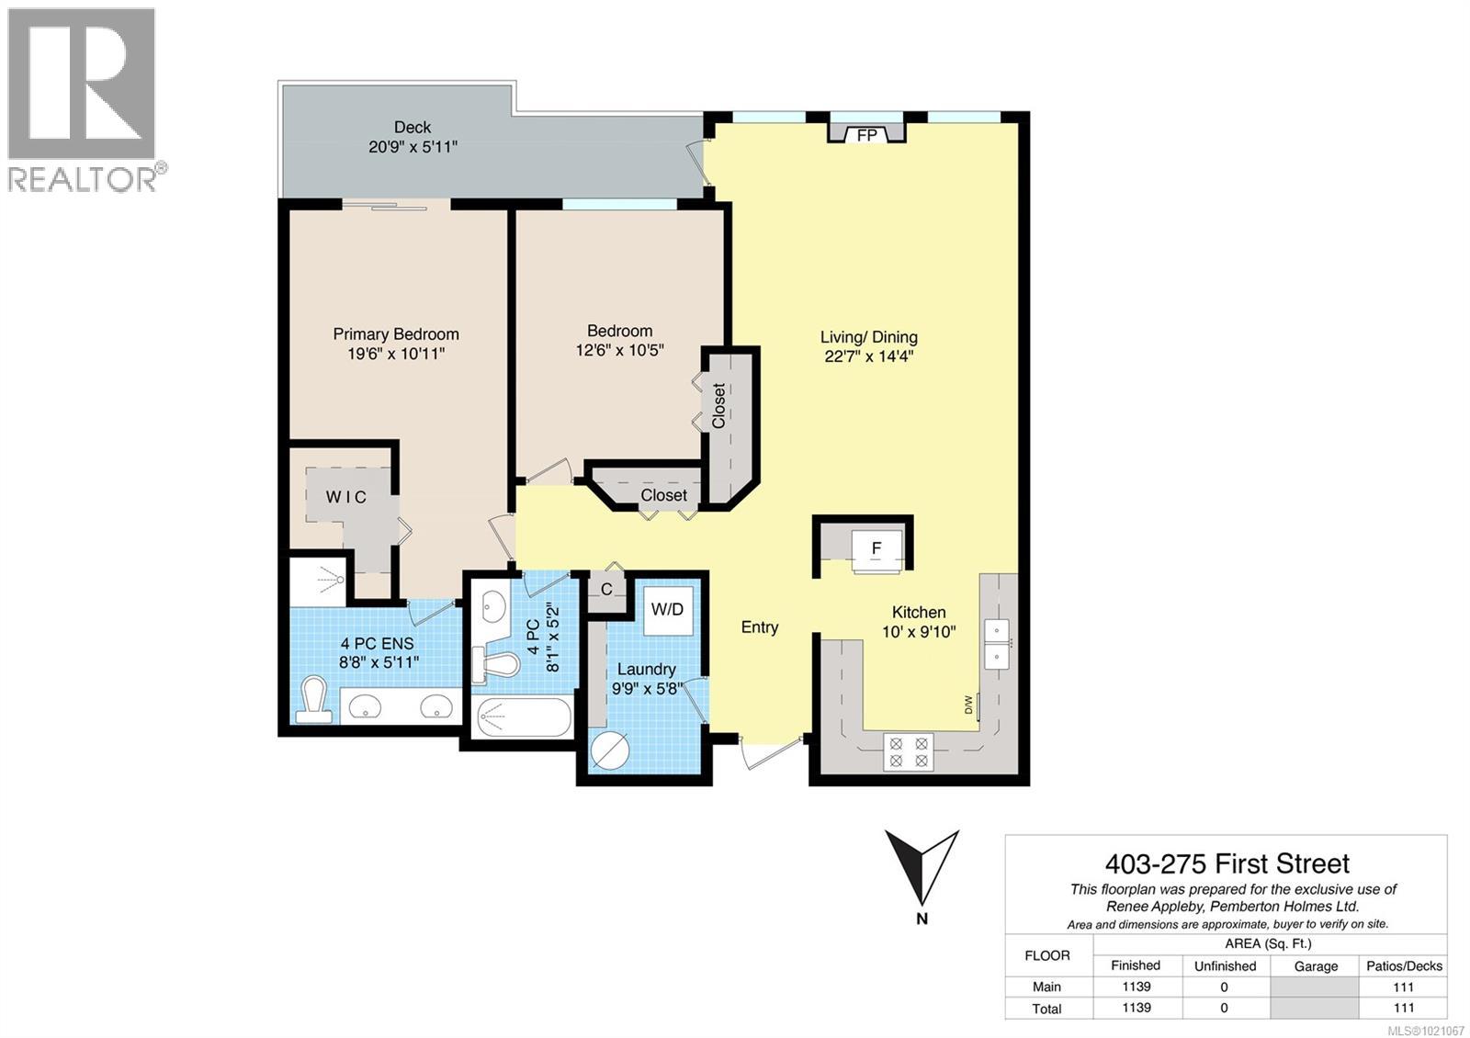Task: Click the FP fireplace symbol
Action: coord(866,134)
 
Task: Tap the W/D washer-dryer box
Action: coord(667,609)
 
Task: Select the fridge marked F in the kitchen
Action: coord(876,549)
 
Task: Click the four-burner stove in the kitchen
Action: coord(908,751)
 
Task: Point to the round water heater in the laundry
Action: coord(609,751)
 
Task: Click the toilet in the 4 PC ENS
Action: coord(313,702)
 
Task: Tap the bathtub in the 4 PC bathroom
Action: coord(522,717)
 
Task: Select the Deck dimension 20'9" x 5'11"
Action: coord(413,146)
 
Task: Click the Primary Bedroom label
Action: coord(396,334)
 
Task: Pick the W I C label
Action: coord(346,497)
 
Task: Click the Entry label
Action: coord(760,627)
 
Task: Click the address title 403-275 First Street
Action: coord(1227,863)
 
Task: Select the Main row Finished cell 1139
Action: coord(1136,987)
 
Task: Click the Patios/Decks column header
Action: coord(1403,965)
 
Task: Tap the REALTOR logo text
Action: coord(83,177)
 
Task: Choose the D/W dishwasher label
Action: coord(968,705)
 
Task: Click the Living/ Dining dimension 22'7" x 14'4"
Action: coord(868,356)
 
